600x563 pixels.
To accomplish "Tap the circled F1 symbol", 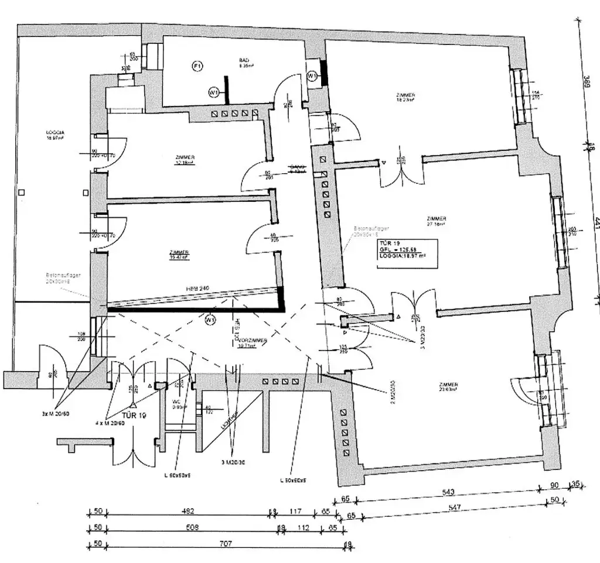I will coord(197,67).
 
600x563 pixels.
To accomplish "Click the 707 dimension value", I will coord(226,544).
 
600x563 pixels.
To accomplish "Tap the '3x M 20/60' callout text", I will coord(56,414).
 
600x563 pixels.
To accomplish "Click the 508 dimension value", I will coord(192,527).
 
